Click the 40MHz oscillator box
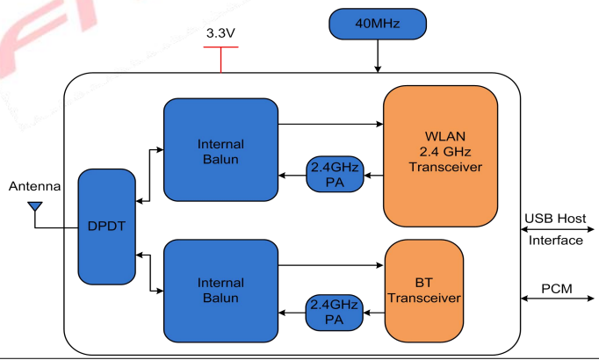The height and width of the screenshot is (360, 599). (x=379, y=25)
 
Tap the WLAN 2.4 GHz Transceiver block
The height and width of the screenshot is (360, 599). (x=440, y=154)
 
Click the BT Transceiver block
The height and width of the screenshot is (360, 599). (x=424, y=290)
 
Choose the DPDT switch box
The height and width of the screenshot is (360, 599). (x=107, y=226)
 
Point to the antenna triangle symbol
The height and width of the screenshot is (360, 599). (x=35, y=208)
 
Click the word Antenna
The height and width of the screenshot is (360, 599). (x=34, y=186)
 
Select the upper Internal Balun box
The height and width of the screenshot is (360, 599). (x=220, y=151)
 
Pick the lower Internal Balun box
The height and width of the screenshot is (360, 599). (x=220, y=291)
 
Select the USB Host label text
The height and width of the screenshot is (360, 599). (x=555, y=219)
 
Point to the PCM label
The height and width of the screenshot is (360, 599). (x=555, y=287)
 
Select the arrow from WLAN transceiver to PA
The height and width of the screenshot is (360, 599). (x=373, y=176)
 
